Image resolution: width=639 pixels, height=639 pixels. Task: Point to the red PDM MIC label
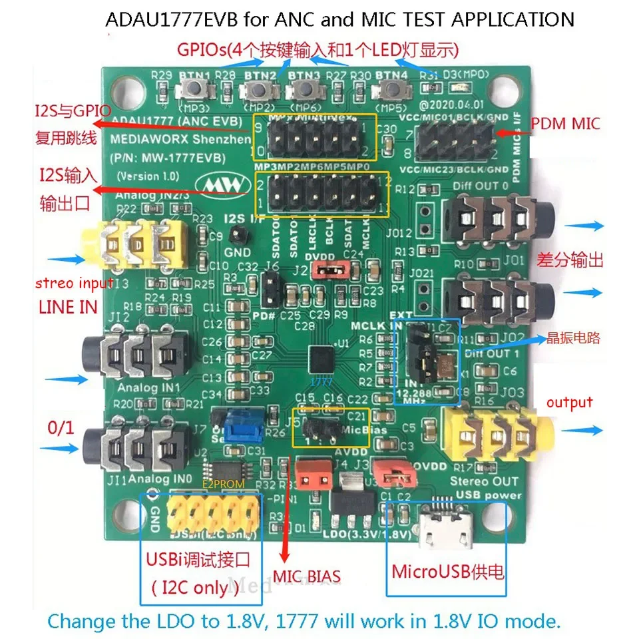click(x=565, y=123)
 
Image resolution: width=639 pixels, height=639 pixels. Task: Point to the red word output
click(x=569, y=402)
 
